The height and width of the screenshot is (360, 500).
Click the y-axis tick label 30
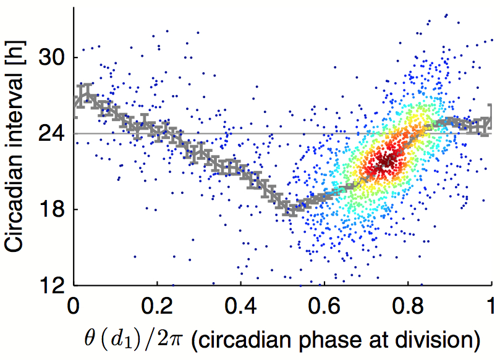[52, 57]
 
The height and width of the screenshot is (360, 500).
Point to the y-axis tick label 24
[52, 133]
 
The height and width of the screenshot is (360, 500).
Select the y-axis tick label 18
[52, 209]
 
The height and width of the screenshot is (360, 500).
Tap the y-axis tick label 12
[52, 285]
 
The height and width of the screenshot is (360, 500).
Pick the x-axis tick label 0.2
[157, 306]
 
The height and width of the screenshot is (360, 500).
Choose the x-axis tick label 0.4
[241, 306]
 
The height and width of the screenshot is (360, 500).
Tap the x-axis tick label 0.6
[324, 306]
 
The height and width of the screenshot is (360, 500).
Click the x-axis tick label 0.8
[408, 306]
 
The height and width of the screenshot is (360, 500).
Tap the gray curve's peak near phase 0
[87, 93]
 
